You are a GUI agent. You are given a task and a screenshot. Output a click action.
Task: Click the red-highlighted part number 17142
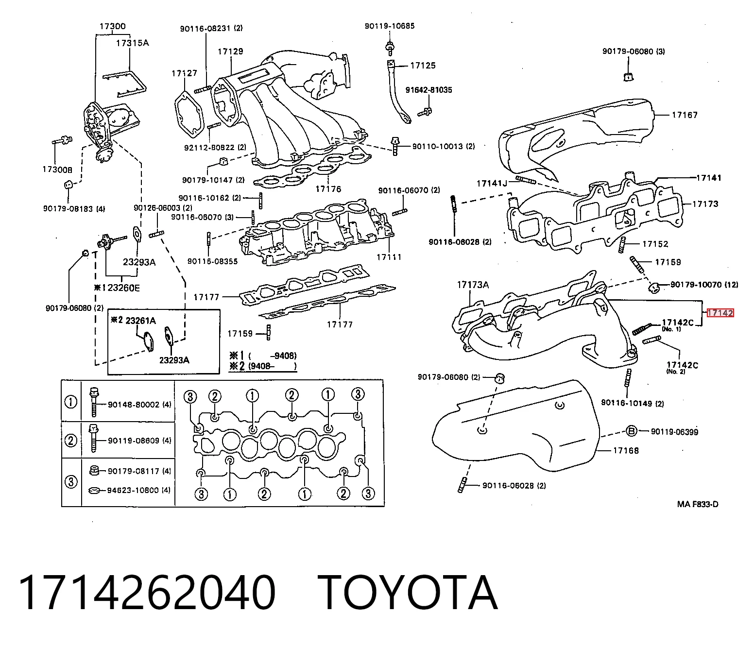click(720, 313)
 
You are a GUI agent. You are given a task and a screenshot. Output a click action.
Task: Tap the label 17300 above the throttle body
click(112, 26)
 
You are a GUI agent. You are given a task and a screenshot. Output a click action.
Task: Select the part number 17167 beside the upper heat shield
click(685, 115)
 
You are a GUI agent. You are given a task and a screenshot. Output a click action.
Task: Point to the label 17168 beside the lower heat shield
click(626, 450)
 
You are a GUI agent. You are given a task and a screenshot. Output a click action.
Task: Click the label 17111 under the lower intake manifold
click(389, 257)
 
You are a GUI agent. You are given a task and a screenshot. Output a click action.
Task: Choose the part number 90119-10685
click(390, 26)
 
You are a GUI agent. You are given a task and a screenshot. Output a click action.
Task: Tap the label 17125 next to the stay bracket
click(423, 66)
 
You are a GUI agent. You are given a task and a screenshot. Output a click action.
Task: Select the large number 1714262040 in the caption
click(147, 592)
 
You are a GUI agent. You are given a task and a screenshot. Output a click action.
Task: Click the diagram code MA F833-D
click(698, 504)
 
